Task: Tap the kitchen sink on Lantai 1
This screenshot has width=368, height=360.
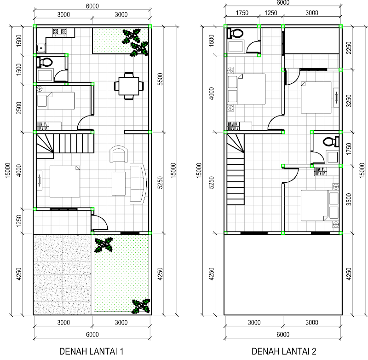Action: pos(41,48)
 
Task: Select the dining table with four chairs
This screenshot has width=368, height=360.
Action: pos(129,86)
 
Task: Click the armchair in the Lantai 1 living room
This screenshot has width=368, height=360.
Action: pos(119,154)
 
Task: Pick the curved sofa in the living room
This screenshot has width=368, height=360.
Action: pos(138,184)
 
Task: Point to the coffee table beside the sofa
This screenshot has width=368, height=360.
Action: pos(119,184)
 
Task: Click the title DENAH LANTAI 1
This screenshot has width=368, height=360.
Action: pos(91,351)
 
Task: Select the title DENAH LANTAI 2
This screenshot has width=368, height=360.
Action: pos(284,351)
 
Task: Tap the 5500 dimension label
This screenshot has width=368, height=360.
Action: pos(160,79)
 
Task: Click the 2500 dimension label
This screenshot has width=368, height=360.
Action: pos(19,108)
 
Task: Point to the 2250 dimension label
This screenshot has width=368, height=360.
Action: pos(349,48)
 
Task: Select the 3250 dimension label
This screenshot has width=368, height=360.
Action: pos(349,101)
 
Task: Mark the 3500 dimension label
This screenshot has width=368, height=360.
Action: pos(349,199)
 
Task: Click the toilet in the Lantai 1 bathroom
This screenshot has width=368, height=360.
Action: pos(45,63)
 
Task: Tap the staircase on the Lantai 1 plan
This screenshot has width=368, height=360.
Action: pos(65,144)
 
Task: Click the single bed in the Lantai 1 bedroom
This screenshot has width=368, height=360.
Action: pos(56,101)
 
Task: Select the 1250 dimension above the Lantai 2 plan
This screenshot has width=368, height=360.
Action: pos(271,13)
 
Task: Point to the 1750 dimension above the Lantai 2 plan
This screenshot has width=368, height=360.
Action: pos(242,13)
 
